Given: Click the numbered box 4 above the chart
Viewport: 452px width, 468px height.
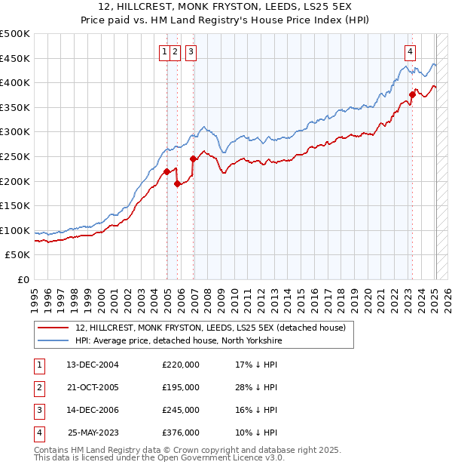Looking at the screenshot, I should [x=410, y=52].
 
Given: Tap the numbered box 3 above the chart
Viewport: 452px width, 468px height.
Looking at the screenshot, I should [x=191, y=52].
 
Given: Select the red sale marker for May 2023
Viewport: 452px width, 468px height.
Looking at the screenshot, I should [x=413, y=94].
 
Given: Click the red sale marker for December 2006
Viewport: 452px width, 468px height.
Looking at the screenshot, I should [x=194, y=159].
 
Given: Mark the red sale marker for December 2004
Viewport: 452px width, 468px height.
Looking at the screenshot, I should [x=166, y=171].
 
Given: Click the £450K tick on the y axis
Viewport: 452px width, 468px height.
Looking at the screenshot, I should [x=15, y=58].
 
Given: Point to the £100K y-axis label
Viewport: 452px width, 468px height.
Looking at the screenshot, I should [x=15, y=230].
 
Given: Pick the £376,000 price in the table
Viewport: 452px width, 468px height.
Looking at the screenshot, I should [x=181, y=433].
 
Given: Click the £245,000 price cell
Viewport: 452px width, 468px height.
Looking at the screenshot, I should [x=181, y=410].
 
